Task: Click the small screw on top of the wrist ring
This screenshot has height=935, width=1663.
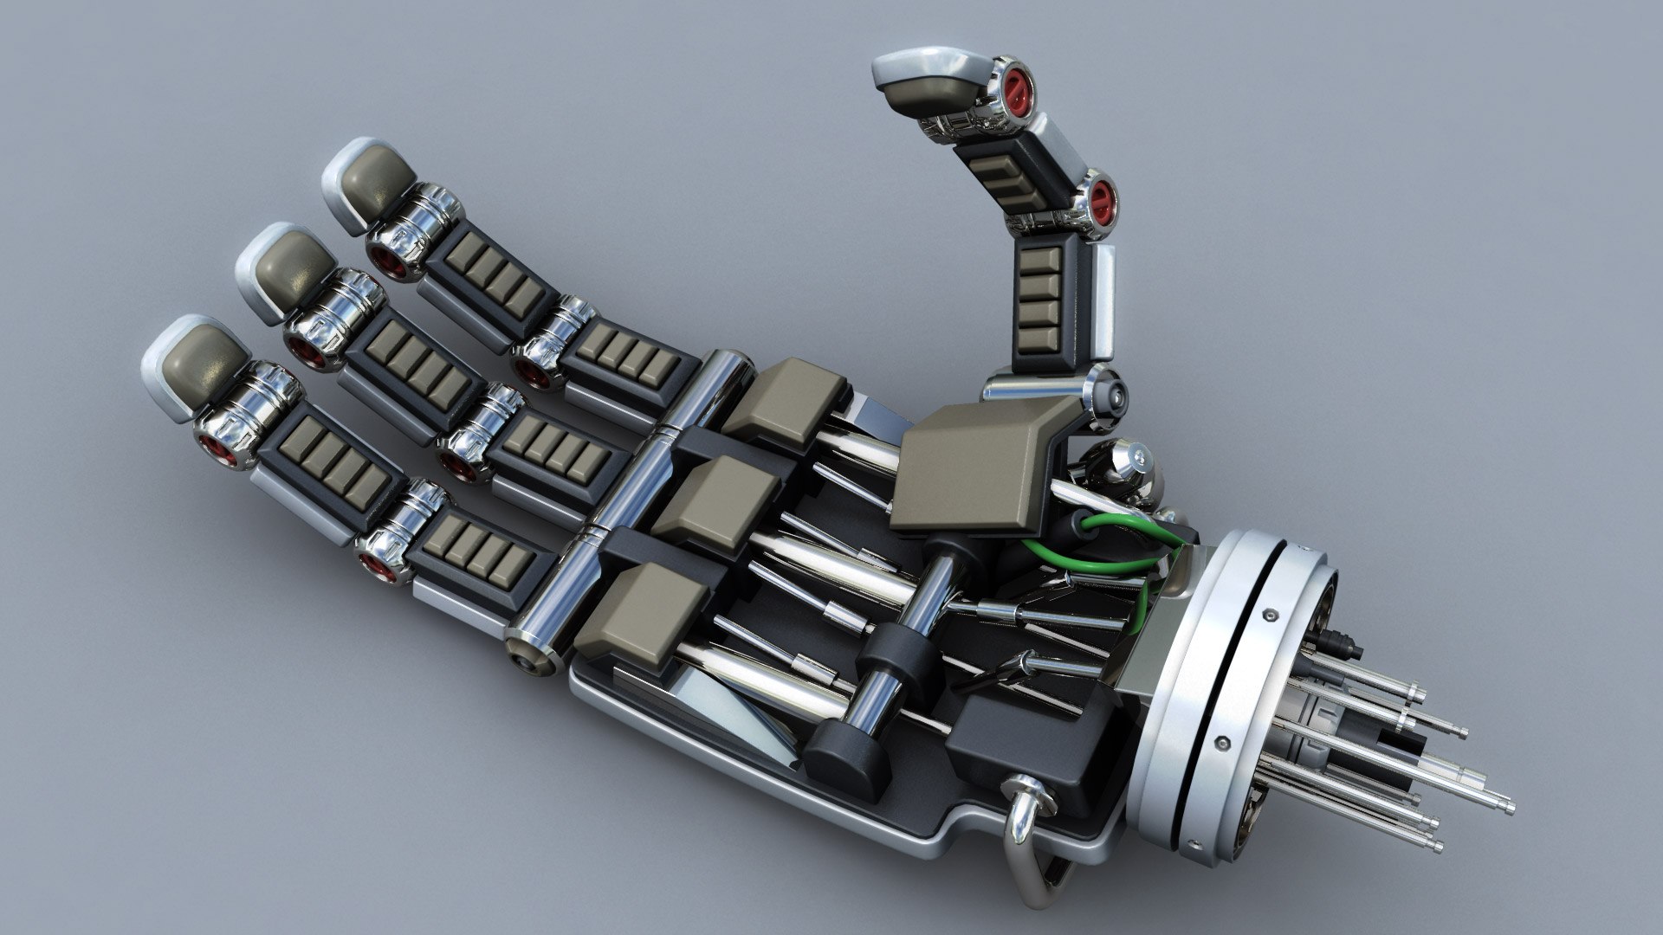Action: pyautogui.click(x=1271, y=614)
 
